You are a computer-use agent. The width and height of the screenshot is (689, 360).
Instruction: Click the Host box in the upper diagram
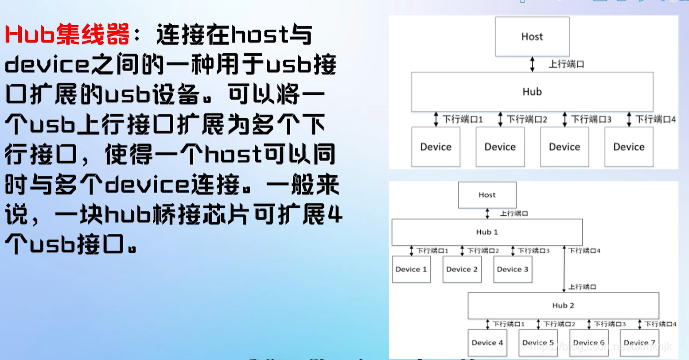pos(532,37)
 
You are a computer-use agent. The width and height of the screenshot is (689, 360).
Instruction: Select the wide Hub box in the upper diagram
pos(532,92)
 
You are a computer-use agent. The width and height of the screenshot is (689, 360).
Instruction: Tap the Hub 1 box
pos(487,232)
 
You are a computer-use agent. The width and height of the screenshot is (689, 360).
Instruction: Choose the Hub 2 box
pos(563,306)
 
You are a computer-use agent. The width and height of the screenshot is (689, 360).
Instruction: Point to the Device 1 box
pos(411,269)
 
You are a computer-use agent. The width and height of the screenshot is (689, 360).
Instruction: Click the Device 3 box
pos(513,269)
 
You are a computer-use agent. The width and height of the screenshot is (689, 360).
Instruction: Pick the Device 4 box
pos(487,343)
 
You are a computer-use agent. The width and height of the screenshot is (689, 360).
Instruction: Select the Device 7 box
pos(639,343)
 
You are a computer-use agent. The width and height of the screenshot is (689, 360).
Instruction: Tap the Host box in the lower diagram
pos(487,195)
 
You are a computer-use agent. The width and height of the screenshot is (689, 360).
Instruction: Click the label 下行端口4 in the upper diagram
pos(656,119)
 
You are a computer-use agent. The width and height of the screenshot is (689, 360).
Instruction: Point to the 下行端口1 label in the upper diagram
pos(463,119)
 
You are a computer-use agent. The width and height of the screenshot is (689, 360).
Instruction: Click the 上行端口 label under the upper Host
pos(566,64)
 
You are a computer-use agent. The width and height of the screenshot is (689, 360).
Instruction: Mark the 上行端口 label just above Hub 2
pos(582,287)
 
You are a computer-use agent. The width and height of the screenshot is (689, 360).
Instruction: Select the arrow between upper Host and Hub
pos(532,64)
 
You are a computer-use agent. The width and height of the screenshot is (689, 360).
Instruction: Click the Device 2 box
pos(462,269)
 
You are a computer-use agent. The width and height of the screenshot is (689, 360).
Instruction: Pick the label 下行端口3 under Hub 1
pos(533,251)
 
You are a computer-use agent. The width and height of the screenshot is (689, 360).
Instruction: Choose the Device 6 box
pos(589,343)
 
